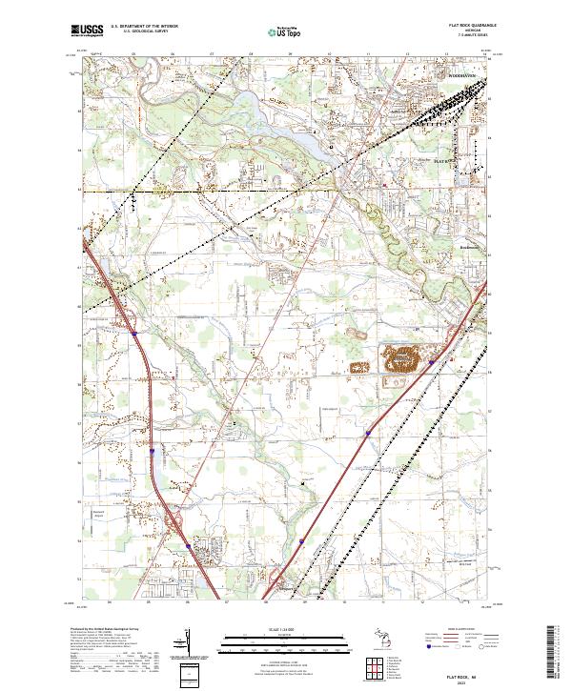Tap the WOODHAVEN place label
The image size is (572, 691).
click(x=466, y=75)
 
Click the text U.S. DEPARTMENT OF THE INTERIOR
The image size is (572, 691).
click(x=144, y=26)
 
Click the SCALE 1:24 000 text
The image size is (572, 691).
click(x=285, y=629)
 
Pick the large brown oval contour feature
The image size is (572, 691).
click(x=406, y=361)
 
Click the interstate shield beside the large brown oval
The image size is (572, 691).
click(x=432, y=362)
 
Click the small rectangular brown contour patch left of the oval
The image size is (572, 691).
click(x=360, y=366)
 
